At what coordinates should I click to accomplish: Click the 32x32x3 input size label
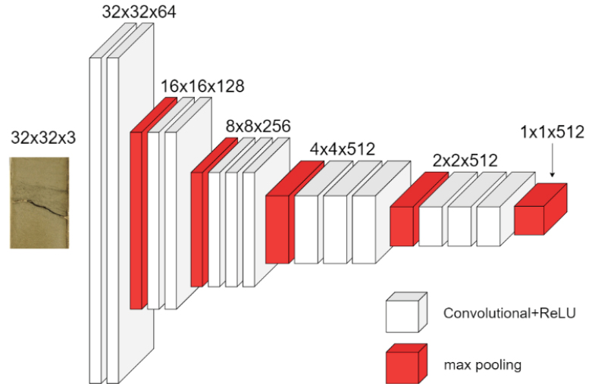pos(43,138)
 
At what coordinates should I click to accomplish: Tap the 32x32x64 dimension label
pos(139,12)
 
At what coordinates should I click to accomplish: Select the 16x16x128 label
pos(202,86)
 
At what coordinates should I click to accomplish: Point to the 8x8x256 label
pos(258,126)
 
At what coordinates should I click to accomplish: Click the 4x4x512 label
pos(343,149)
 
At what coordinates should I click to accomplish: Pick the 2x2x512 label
pos(465,161)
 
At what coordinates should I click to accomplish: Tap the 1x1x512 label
pos(552,133)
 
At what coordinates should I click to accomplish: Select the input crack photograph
pos(39,203)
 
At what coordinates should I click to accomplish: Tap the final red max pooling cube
pos(540,209)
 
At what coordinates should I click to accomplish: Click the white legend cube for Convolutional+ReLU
pos(406,312)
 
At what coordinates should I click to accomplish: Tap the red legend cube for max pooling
pos(406,364)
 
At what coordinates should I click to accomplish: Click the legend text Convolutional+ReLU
pos(509,313)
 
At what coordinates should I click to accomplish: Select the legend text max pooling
pos(483,365)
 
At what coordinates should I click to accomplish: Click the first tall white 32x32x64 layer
pos(96,220)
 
